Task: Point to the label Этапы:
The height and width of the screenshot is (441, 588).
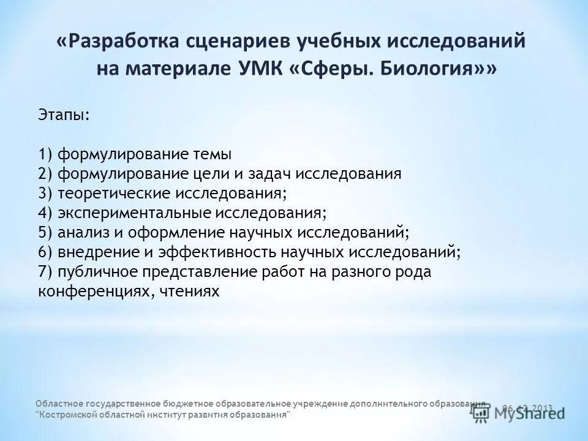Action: pos(63,116)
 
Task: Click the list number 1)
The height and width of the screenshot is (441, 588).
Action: pos(46,154)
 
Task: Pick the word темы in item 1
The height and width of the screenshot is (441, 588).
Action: pos(211,154)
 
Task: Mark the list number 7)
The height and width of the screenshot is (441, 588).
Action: pos(46,272)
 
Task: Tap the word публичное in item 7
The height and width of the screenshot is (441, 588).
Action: pos(98,272)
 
